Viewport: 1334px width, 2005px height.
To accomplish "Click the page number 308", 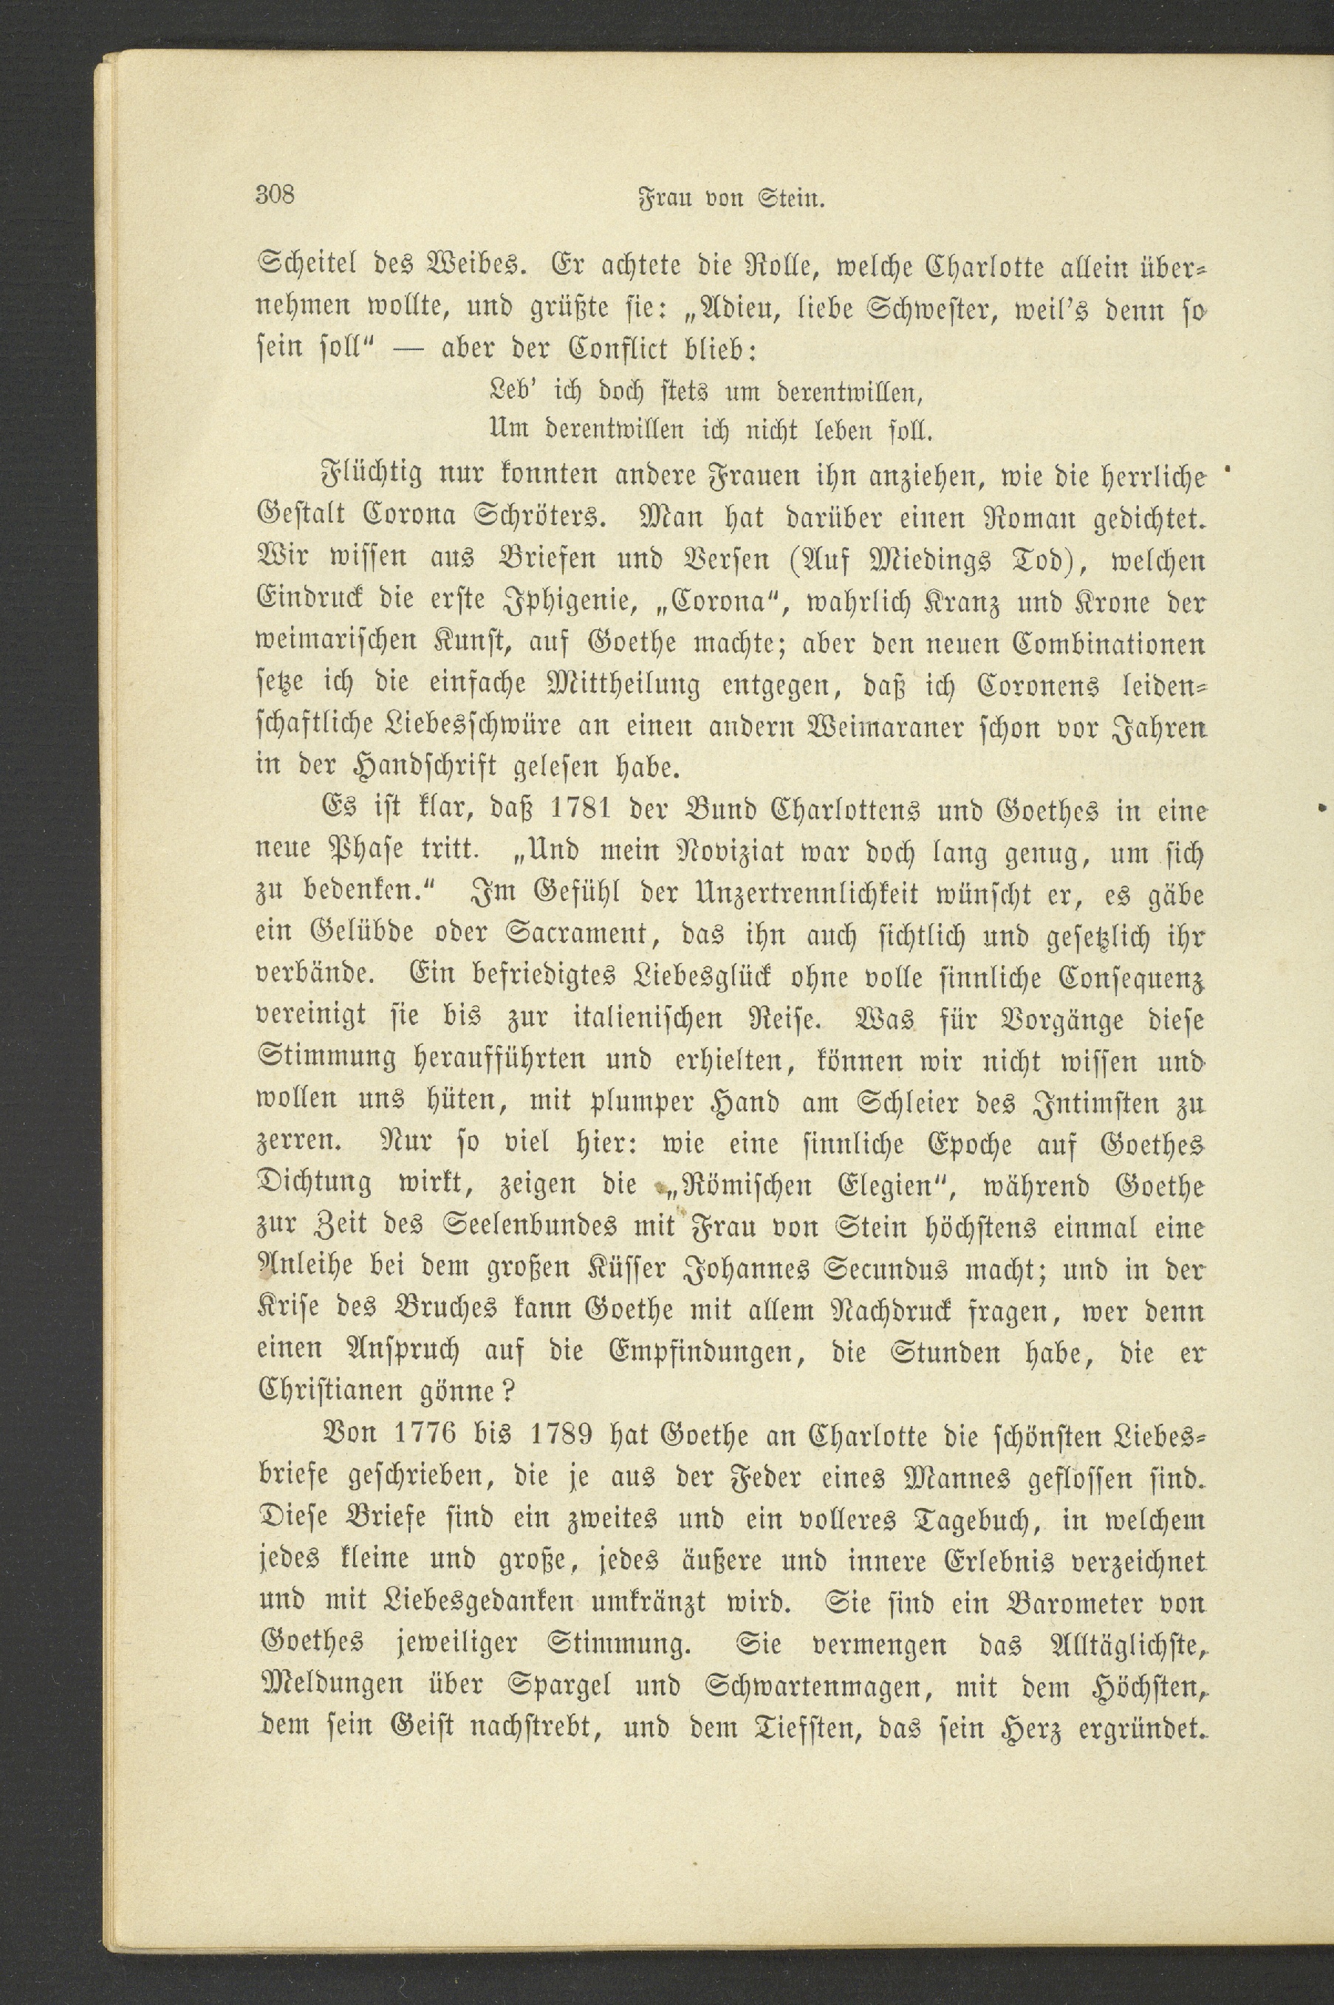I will [275, 196].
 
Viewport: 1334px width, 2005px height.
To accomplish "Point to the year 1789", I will [559, 1436].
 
